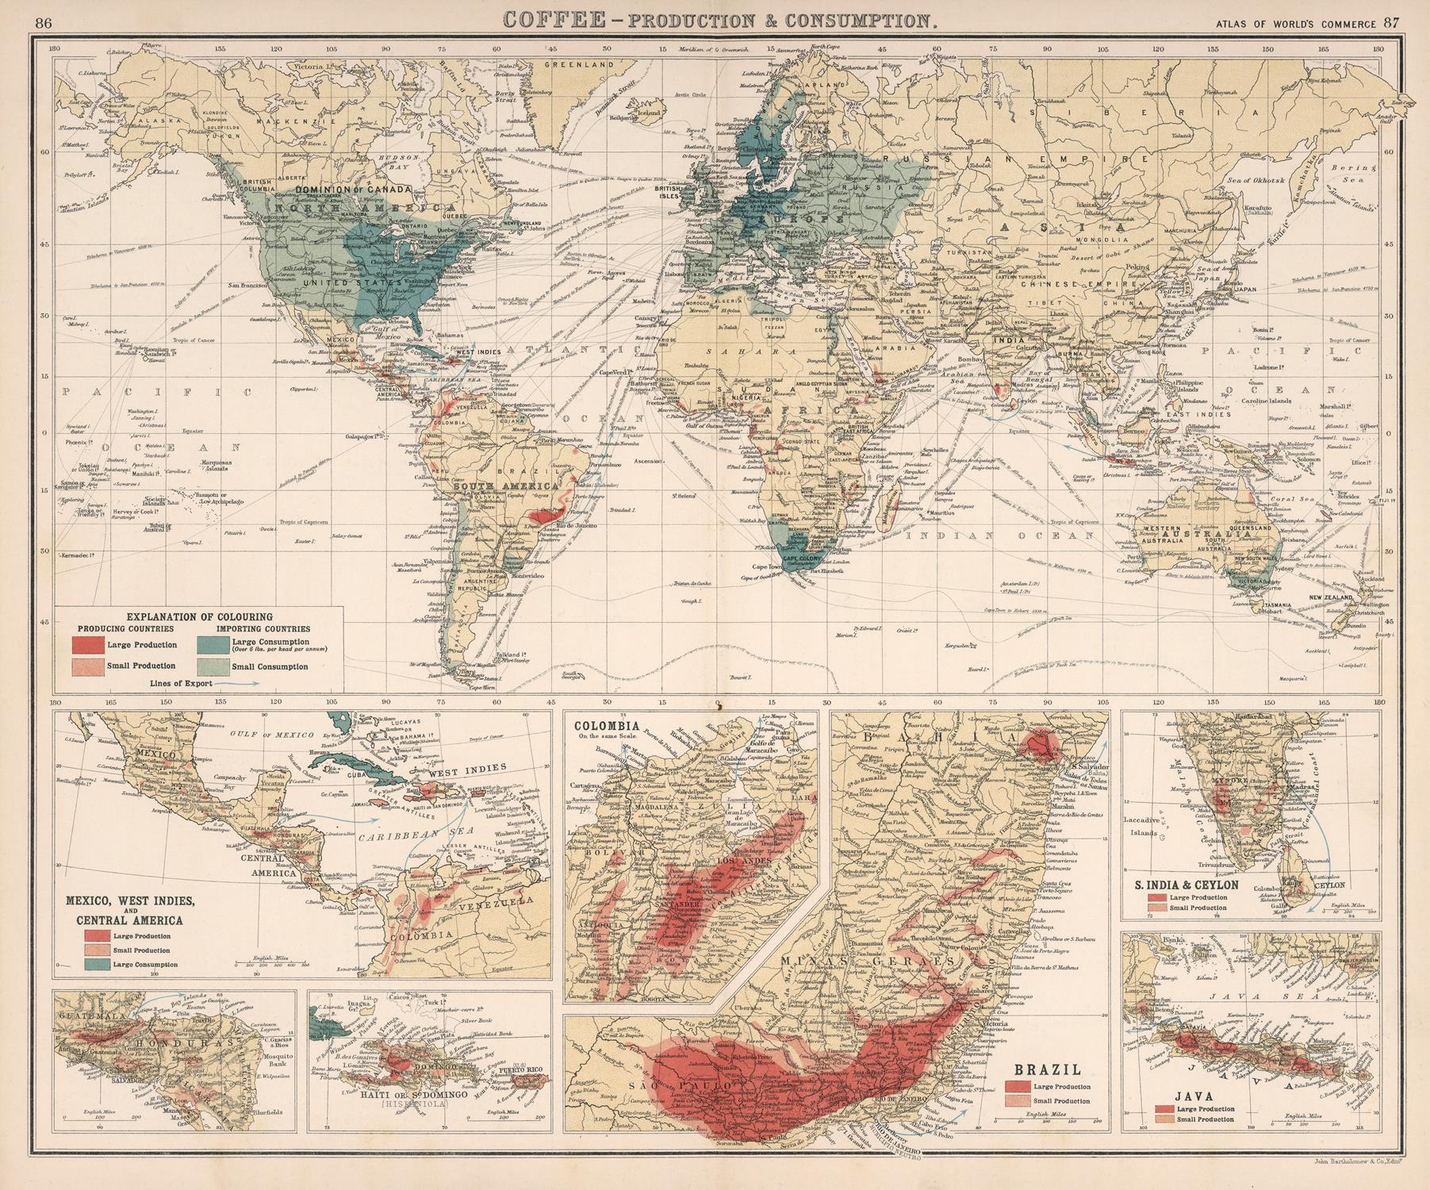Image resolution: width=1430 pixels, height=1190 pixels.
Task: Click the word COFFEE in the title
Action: pos(546,20)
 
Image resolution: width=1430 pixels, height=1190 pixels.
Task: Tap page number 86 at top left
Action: pos(44,22)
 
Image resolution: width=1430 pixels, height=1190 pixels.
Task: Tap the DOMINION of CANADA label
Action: pos(353,190)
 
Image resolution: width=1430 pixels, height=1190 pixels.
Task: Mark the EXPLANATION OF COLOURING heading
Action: pos(199,616)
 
